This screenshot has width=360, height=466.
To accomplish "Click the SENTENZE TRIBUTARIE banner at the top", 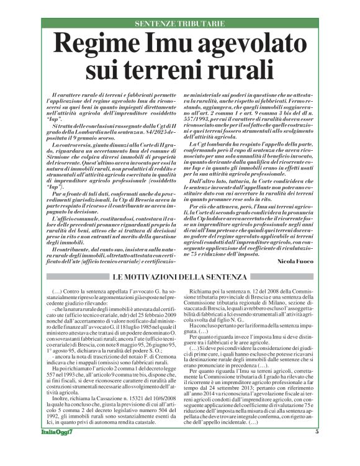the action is click(180, 23).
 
